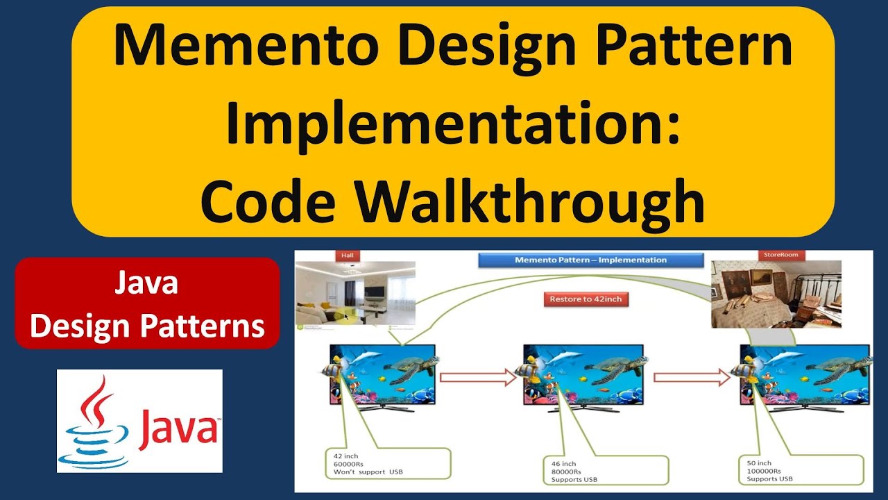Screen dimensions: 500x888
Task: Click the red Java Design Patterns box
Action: point(147,303)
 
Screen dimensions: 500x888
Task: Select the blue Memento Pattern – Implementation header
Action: point(590,260)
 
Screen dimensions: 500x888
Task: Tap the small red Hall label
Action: point(347,255)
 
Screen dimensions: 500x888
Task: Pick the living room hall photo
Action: point(355,293)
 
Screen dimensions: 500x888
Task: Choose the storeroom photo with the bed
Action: point(776,294)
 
